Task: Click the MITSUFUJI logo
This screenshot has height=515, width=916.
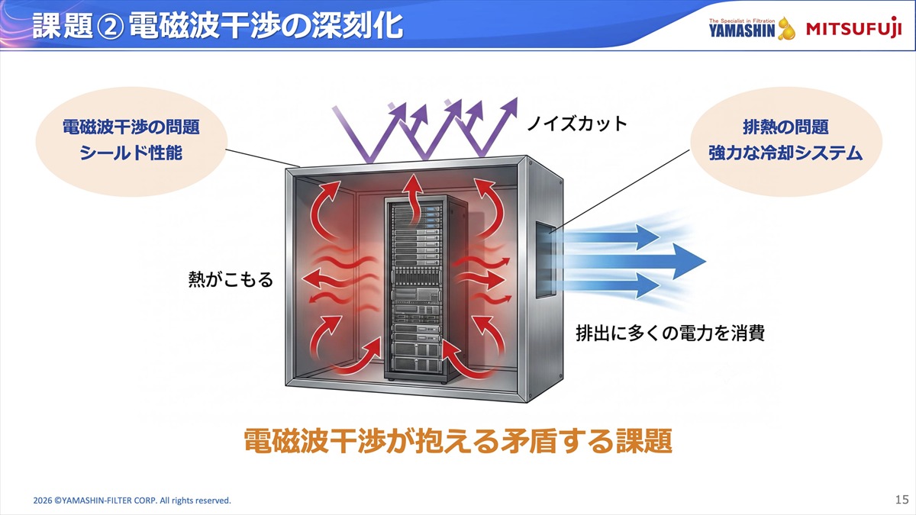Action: (x=854, y=28)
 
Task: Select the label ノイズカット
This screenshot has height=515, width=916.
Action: (x=576, y=124)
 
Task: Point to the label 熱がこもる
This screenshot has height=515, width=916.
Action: (x=231, y=279)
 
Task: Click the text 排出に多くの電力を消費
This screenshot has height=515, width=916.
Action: (x=670, y=333)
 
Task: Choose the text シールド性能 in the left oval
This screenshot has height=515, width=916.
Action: (x=131, y=153)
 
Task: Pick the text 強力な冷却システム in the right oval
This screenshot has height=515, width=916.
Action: (x=785, y=153)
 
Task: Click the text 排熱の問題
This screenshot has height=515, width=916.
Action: (x=785, y=127)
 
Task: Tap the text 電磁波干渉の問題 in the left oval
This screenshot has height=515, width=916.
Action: (x=131, y=127)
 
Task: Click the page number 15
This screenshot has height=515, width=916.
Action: (x=901, y=499)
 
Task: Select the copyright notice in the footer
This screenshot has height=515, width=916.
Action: (x=132, y=501)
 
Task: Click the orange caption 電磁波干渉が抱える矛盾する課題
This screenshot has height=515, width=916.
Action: (x=458, y=441)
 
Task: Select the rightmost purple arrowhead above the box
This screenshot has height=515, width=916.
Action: (x=510, y=106)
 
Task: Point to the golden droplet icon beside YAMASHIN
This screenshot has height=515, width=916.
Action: (x=786, y=29)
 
